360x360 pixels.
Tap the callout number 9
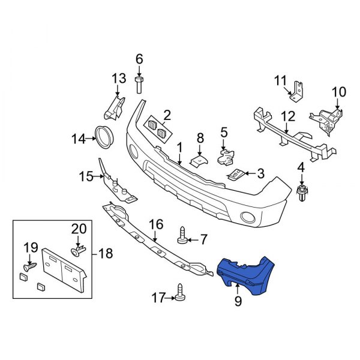coord(238,302)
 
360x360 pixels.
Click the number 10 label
coord(339,92)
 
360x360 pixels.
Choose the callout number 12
coord(288,116)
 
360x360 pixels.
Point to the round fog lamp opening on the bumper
coord(247,218)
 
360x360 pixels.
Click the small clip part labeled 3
coord(238,175)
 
